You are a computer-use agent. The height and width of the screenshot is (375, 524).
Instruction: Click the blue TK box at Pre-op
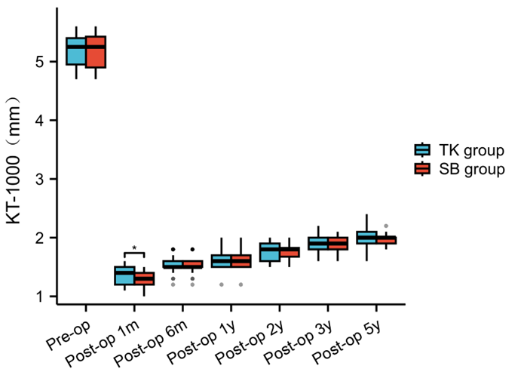click(x=75, y=51)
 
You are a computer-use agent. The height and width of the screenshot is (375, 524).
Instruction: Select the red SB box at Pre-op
click(x=96, y=51)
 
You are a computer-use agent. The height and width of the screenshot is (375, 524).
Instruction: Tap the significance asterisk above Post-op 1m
click(x=134, y=248)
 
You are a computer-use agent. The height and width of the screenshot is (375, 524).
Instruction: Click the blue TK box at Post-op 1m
click(x=124, y=275)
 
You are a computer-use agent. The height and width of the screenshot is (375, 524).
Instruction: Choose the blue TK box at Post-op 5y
click(x=366, y=238)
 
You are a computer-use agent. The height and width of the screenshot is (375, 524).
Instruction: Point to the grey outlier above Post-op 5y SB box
click(x=387, y=226)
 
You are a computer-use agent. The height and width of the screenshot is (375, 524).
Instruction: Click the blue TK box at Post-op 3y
click(x=318, y=244)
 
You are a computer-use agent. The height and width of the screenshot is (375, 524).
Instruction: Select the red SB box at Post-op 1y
click(x=241, y=261)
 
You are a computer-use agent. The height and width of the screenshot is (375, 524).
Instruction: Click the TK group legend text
click(x=471, y=150)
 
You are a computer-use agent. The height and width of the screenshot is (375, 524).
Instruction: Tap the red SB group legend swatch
click(x=423, y=169)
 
